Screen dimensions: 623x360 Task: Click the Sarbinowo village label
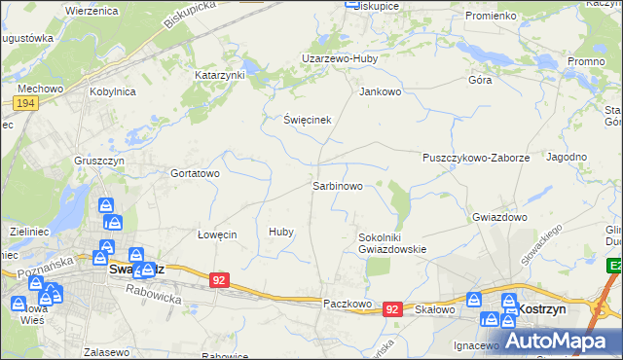(x=338, y=185)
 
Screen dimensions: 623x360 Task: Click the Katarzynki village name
(x=221, y=75)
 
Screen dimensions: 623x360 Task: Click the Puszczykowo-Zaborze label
(x=476, y=158)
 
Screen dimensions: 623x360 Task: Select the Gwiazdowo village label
(x=499, y=218)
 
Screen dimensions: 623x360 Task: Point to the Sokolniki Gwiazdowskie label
(x=393, y=242)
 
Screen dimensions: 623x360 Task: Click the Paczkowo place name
(x=348, y=304)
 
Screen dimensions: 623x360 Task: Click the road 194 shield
(x=26, y=103)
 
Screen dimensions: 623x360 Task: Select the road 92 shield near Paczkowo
(x=392, y=308)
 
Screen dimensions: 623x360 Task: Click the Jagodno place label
(x=567, y=157)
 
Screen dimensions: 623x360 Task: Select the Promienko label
(x=491, y=17)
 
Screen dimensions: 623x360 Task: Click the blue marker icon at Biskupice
(x=352, y=3)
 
